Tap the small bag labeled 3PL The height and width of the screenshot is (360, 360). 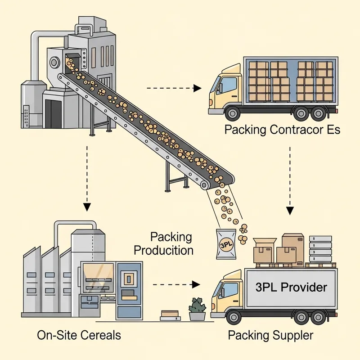point(225,244)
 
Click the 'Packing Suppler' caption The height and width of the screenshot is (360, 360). point(270,335)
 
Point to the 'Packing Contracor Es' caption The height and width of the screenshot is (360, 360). point(282,130)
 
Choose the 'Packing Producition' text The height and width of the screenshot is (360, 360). point(171,243)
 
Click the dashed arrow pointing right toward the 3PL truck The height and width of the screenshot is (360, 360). point(175,284)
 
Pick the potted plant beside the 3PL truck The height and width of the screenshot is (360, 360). point(197,309)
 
